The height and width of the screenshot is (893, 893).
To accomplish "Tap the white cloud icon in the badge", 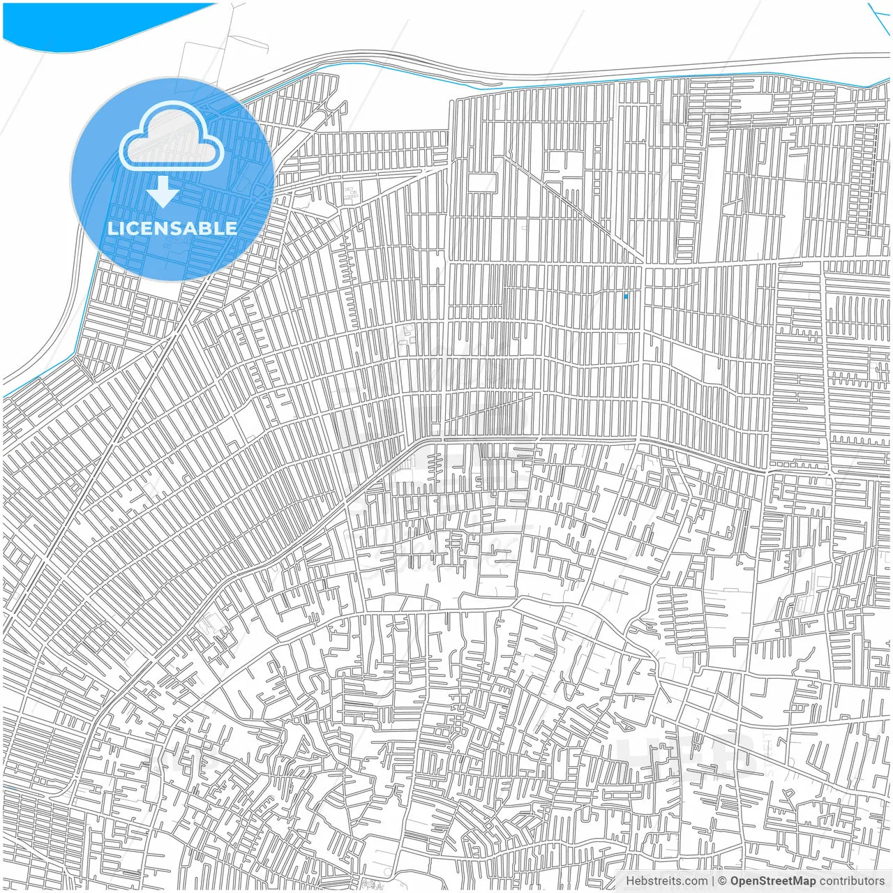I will pos(171,136).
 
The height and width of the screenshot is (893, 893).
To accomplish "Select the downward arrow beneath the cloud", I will pos(163,192).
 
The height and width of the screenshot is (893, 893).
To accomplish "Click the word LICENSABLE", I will pos(172,228).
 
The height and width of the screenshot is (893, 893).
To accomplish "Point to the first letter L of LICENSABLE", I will pos(112,228).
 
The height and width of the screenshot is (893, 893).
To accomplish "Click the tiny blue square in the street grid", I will pos(626,297).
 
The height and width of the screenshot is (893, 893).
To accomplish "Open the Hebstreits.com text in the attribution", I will pos(666,881).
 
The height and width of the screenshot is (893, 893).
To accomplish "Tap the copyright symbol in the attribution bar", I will pos(723,881).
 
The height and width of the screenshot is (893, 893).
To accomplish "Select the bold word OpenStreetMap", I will pos(773,881).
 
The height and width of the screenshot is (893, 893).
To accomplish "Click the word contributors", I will pos(852,881).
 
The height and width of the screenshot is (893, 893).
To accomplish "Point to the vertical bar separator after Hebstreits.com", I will pos(713,881).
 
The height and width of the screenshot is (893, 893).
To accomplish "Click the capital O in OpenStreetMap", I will pos(735,881).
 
